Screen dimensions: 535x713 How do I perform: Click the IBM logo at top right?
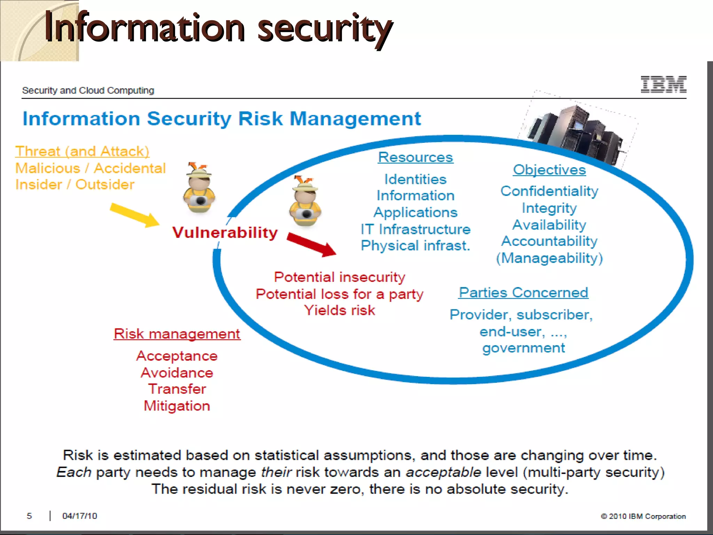[663, 85]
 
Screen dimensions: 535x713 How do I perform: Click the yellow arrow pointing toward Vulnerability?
[134, 215]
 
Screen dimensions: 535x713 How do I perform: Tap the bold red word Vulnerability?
[225, 232]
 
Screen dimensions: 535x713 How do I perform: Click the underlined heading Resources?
[415, 157]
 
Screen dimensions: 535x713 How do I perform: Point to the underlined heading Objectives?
[549, 170]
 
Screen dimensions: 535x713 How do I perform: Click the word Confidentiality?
[549, 191]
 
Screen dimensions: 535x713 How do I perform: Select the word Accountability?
[549, 241]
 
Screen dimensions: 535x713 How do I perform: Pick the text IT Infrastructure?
[415, 229]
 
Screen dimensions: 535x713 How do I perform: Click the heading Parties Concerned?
[523, 292]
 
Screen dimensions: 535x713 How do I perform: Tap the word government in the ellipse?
[523, 348]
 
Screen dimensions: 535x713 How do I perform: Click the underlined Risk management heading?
[177, 334]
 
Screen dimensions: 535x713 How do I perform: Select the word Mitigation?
[177, 406]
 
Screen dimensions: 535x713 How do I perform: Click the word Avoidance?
[177, 373]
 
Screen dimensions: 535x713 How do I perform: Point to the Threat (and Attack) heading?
[82, 152]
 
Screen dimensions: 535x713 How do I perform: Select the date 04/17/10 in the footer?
[79, 516]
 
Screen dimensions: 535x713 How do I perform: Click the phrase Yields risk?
[339, 310]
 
